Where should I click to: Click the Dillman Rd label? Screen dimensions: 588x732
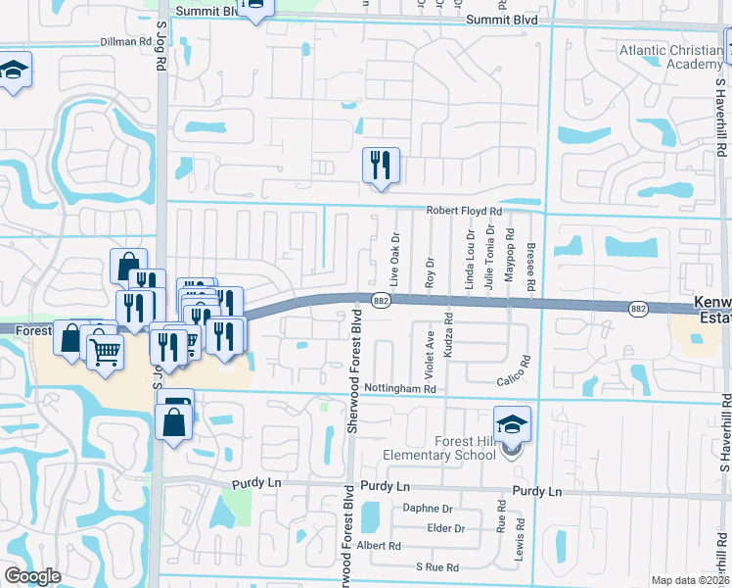(x=126, y=42)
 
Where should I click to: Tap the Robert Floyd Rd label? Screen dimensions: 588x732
(x=463, y=211)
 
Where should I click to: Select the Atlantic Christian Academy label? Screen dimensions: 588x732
(x=669, y=57)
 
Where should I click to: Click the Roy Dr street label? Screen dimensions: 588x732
(x=430, y=271)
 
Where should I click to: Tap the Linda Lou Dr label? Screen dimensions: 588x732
(x=470, y=258)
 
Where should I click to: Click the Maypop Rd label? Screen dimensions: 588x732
(x=510, y=262)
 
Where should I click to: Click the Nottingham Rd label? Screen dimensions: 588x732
(x=399, y=389)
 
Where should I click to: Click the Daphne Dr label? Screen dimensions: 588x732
(x=429, y=509)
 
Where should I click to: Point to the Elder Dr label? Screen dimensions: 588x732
(x=445, y=527)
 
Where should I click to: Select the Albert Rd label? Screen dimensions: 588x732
(x=380, y=546)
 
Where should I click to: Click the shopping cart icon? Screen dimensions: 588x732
(x=105, y=349)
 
